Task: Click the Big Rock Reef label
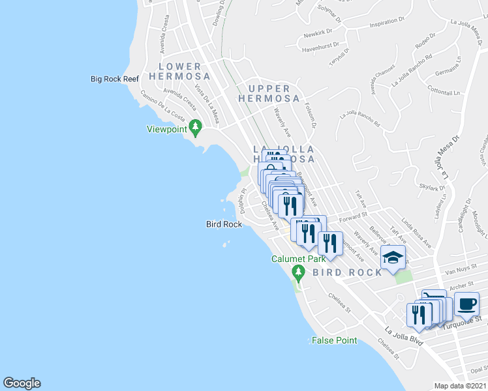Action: [115, 79]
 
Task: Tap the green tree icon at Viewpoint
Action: [194, 126]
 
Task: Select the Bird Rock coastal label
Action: [224, 224]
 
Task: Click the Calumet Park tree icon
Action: [298, 271]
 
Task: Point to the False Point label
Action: [334, 340]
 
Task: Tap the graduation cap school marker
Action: [393, 258]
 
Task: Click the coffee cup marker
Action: [466, 304]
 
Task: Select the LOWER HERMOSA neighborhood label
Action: [179, 72]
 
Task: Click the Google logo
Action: [22, 383]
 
